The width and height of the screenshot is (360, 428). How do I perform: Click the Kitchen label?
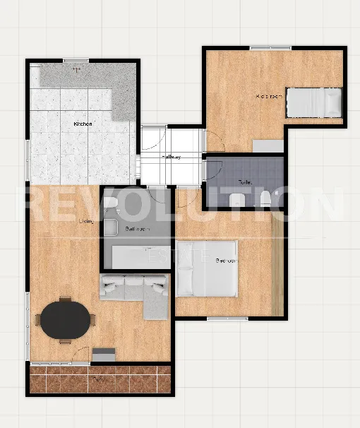point(83,124)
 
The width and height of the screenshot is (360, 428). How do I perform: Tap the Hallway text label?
point(171,157)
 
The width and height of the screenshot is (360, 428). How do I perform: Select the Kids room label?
point(269,95)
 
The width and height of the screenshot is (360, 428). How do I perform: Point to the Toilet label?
point(245,182)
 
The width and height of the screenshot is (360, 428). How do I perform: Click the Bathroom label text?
point(136,230)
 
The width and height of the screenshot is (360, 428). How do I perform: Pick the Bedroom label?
point(226,261)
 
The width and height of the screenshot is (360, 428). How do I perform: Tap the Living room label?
point(86,222)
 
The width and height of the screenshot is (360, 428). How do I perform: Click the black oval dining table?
point(66,320)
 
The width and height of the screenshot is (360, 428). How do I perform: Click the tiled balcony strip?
point(100,379)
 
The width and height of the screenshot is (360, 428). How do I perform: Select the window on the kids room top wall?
point(270,47)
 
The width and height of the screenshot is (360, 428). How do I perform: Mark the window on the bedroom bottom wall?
point(227,319)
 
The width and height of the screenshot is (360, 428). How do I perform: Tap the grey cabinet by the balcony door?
point(104,356)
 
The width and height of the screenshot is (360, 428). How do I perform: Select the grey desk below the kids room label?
point(268,146)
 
